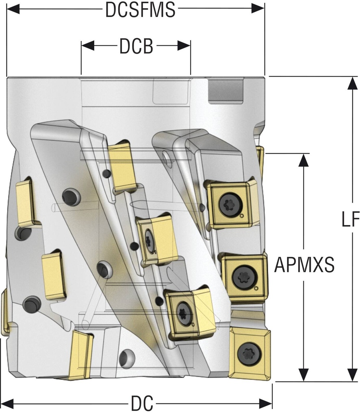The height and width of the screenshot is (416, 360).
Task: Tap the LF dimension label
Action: [350, 220]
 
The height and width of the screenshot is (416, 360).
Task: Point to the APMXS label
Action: [304, 265]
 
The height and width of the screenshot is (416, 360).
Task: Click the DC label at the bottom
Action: [142, 404]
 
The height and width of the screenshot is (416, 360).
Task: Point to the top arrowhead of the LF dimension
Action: [350, 83]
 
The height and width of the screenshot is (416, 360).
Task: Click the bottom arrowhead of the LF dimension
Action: [350, 375]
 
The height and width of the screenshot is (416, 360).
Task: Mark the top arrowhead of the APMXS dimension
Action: [302, 160]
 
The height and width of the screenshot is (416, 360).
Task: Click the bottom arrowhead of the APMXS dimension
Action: [302, 375]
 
